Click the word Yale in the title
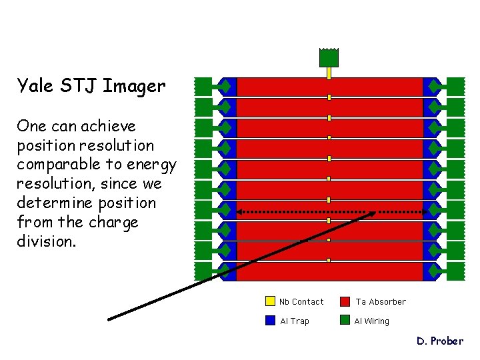[x=33, y=86]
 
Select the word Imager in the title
[x=135, y=87]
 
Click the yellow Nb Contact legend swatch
[x=270, y=301]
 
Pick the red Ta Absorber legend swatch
[x=345, y=301]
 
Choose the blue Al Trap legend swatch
[x=270, y=321]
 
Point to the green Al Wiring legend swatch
[x=345, y=321]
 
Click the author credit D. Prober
[x=439, y=341]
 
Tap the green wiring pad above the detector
[x=329, y=58]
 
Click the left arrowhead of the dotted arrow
[x=239, y=212]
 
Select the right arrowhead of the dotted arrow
[x=425, y=212]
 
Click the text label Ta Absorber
[x=380, y=302]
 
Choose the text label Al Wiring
[x=371, y=321]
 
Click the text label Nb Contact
[x=301, y=302]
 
